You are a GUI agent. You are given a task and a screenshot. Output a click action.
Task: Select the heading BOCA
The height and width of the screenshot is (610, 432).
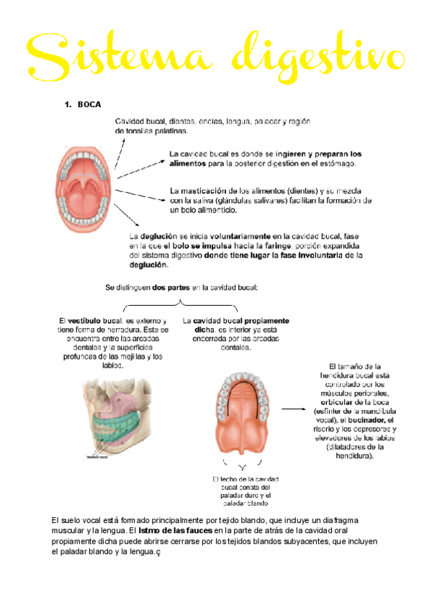[89, 106]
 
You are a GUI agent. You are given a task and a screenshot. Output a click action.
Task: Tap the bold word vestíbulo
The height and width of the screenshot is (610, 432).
[88, 321]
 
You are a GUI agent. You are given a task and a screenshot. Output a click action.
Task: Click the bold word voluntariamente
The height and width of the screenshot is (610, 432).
[240, 236]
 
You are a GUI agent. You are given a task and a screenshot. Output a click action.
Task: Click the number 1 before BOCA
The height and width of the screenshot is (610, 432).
[67, 106]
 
